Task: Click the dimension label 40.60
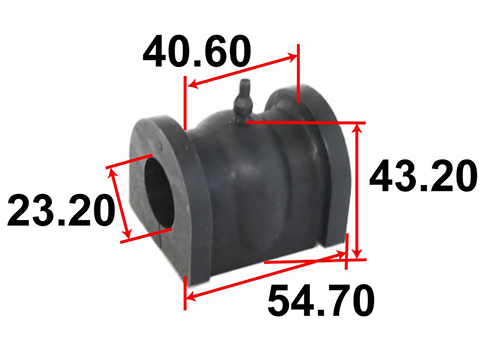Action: click(x=197, y=52)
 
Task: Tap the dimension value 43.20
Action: click(x=423, y=176)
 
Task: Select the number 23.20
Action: click(x=61, y=211)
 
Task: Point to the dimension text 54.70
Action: click(x=321, y=300)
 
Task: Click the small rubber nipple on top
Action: click(x=244, y=100)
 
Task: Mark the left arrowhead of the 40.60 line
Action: click(x=193, y=85)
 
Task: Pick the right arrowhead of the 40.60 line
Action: click(x=291, y=57)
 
